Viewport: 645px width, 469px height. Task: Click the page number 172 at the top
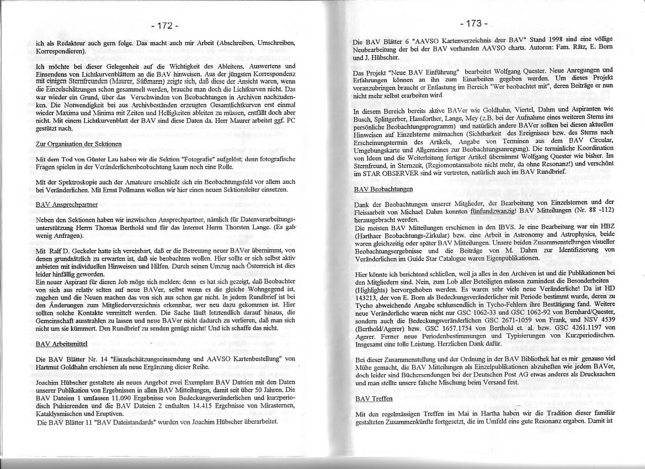tap(164, 25)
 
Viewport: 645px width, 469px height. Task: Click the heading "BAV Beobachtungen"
tap(383, 189)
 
